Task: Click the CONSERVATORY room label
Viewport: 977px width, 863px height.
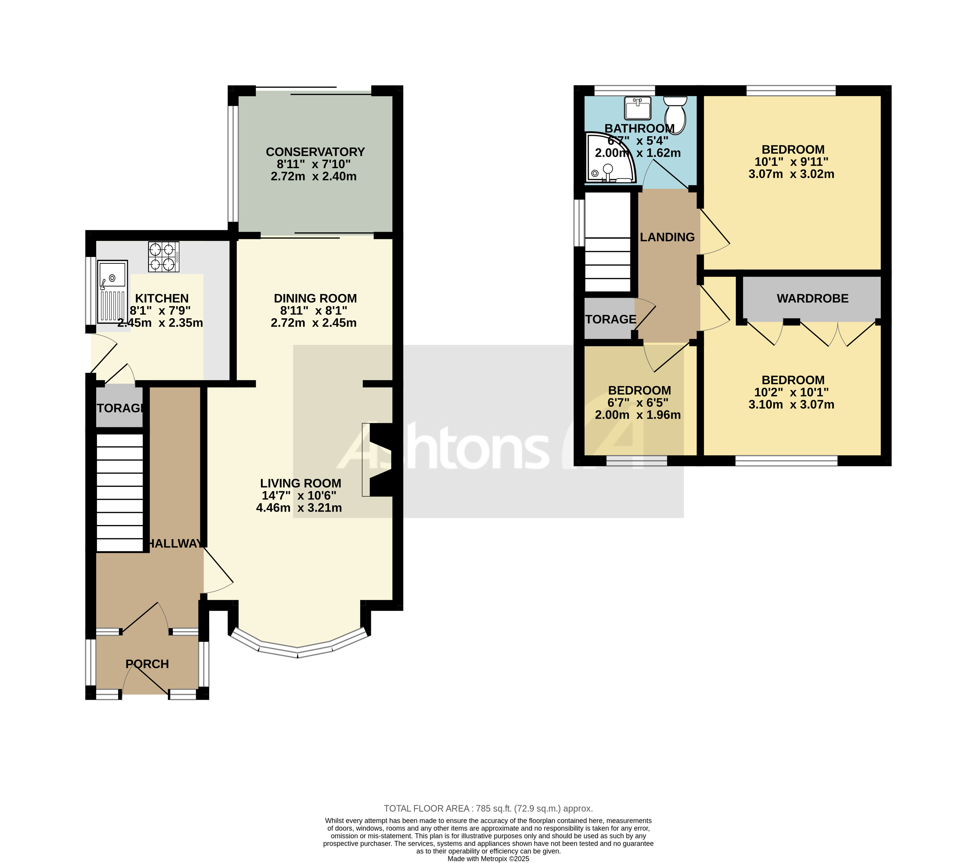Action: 315,152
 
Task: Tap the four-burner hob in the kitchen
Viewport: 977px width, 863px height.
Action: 164,257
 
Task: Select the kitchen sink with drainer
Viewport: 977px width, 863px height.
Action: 113,291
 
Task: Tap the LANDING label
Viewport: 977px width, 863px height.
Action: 667,237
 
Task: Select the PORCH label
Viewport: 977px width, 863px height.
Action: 147,664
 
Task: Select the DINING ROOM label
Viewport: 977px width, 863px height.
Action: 315,298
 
